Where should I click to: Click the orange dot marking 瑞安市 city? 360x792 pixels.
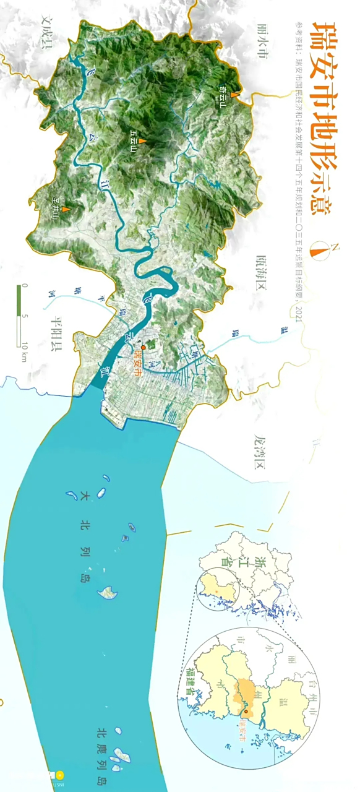(143, 348)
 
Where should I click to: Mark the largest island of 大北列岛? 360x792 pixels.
(108, 592)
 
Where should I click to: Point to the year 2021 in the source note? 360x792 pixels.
(299, 314)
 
